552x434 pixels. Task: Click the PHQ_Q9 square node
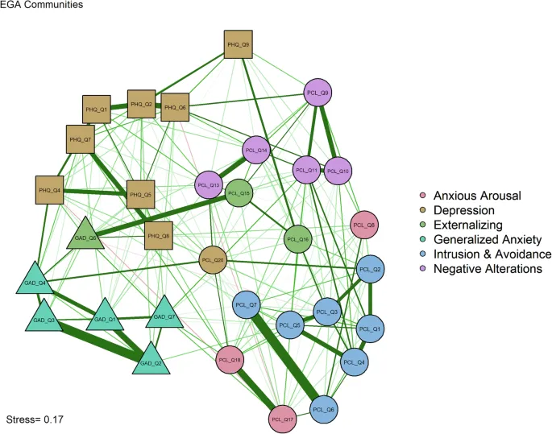click(x=239, y=45)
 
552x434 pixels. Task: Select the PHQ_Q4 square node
click(x=50, y=190)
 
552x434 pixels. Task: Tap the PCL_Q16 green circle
click(x=297, y=239)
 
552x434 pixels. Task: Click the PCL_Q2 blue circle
click(x=370, y=269)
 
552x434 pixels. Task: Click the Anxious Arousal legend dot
click(x=423, y=196)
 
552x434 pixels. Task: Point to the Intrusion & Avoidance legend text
click(x=492, y=254)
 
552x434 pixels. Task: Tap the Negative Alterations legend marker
click(x=423, y=268)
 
